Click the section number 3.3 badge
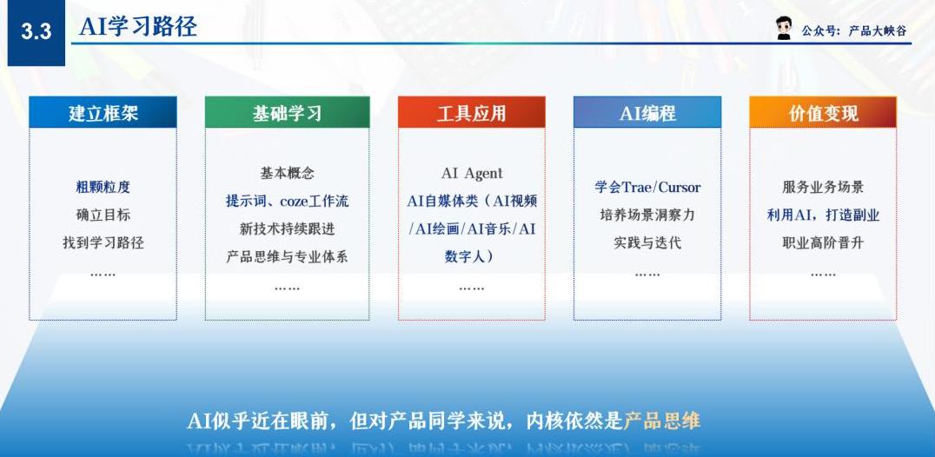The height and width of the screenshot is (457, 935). click(36, 33)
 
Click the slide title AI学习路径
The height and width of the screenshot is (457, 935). click(138, 27)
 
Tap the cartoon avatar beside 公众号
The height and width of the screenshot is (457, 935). click(784, 29)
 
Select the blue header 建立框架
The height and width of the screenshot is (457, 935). click(103, 112)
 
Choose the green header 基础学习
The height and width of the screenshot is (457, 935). click(287, 112)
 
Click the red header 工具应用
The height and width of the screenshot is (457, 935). click(471, 112)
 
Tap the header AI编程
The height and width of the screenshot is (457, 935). click(647, 112)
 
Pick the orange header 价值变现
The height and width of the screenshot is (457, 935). click(823, 112)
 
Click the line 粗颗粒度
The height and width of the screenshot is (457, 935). click(103, 187)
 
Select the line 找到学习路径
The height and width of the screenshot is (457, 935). click(103, 242)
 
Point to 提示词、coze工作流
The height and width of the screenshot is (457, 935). click(287, 201)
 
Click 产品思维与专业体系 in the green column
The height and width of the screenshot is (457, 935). click(287, 257)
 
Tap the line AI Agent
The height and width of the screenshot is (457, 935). click(472, 174)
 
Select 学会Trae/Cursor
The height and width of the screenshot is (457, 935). click(647, 187)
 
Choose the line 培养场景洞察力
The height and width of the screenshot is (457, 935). click(647, 215)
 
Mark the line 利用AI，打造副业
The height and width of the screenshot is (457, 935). click(823, 215)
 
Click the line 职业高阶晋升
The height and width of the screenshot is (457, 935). click(823, 242)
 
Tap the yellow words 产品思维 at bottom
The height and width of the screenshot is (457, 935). click(662, 421)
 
